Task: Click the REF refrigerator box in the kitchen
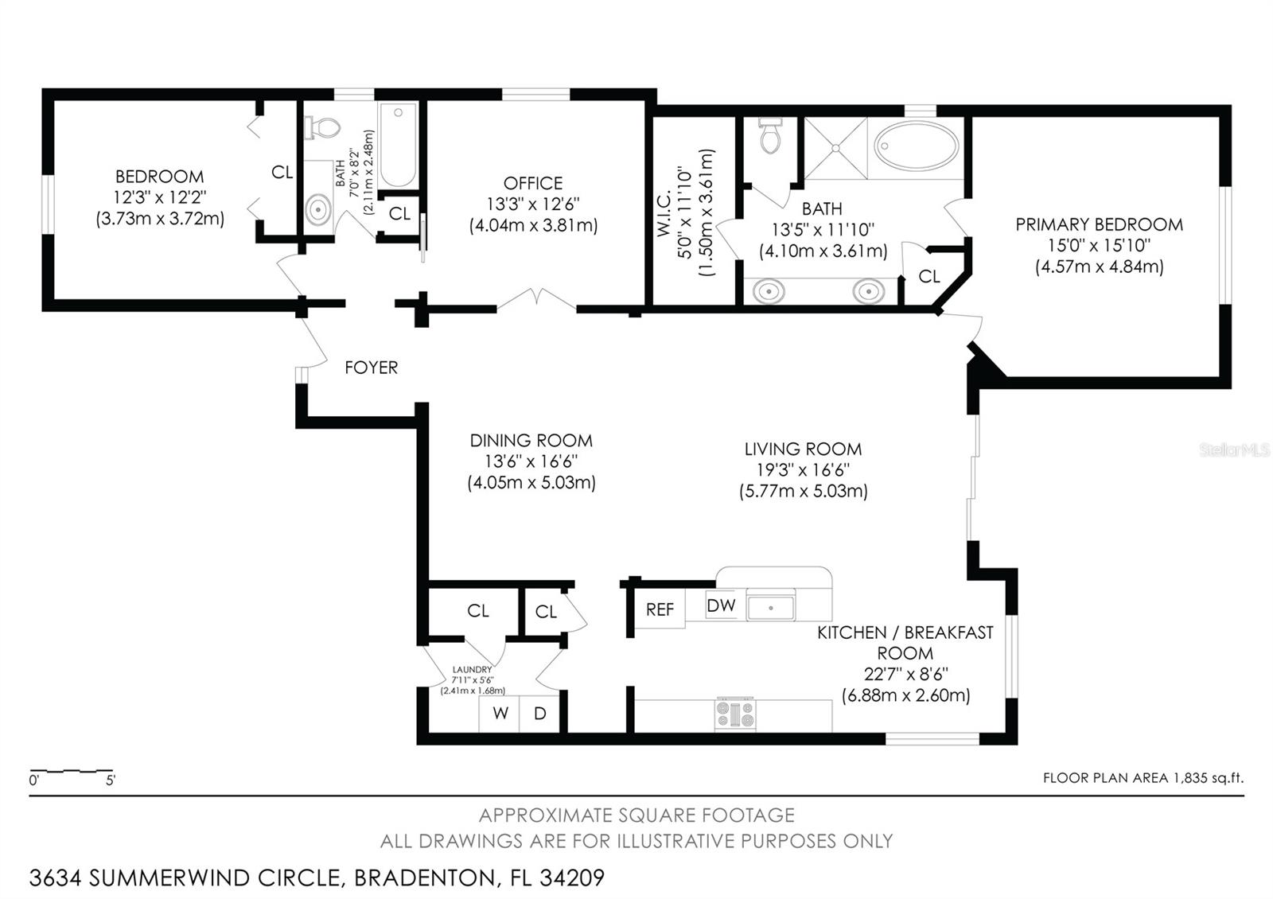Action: tap(660, 609)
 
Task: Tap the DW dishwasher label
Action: tap(721, 605)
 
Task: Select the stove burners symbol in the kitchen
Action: tap(735, 714)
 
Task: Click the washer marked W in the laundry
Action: tap(500, 714)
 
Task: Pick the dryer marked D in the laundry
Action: tap(539, 714)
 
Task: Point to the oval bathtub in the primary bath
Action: tap(917, 146)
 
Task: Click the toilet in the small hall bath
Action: tap(324, 127)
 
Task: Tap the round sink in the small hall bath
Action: tap(319, 210)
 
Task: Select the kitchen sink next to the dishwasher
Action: tap(770, 608)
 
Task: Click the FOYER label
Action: tap(371, 368)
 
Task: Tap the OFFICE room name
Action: tap(532, 183)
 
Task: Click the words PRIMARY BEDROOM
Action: tap(1099, 225)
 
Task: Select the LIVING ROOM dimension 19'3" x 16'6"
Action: tap(803, 470)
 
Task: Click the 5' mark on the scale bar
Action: tap(111, 780)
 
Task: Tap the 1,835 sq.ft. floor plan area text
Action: tap(1208, 778)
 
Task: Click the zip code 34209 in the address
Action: tap(572, 878)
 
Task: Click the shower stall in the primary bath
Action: tap(835, 148)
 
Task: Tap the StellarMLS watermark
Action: tap(1234, 450)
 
